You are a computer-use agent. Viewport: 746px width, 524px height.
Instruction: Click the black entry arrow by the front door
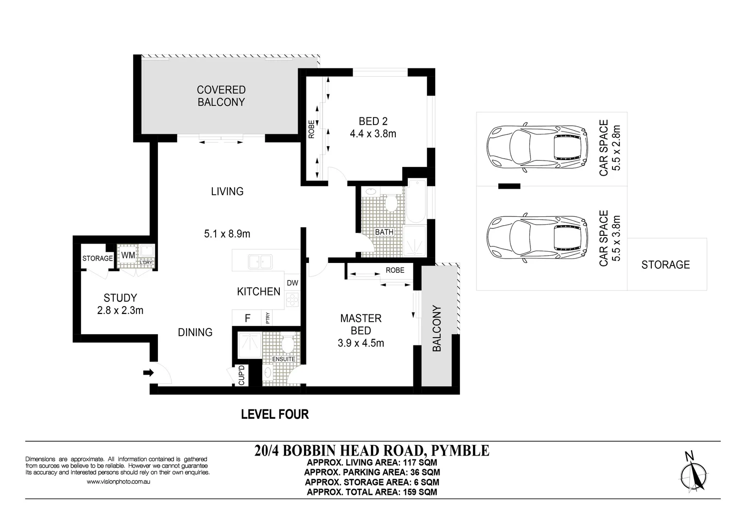(x=149, y=373)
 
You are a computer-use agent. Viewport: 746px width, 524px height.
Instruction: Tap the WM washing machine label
(x=128, y=255)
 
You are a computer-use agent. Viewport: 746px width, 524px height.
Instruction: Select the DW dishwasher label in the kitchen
(x=292, y=283)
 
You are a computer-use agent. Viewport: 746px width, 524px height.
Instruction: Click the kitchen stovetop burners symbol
(x=292, y=299)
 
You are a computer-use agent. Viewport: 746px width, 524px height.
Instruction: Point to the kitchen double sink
(x=260, y=262)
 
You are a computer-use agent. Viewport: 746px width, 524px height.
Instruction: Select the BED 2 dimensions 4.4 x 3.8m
(x=373, y=134)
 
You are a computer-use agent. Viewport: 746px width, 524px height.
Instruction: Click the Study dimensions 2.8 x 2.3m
(x=120, y=311)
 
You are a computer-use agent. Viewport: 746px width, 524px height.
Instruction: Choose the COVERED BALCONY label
(x=221, y=96)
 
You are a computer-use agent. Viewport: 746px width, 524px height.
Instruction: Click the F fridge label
(x=247, y=318)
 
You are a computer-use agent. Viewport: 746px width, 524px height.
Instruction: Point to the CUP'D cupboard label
(x=242, y=375)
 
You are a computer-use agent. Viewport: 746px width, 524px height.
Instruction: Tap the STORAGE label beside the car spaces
(x=665, y=265)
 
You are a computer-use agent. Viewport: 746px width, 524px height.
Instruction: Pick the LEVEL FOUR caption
(x=275, y=414)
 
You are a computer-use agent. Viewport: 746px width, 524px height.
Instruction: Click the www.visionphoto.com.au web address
(x=119, y=482)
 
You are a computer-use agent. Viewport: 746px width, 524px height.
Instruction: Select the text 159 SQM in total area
(x=420, y=492)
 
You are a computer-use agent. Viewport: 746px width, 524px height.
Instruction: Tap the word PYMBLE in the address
(x=460, y=451)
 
